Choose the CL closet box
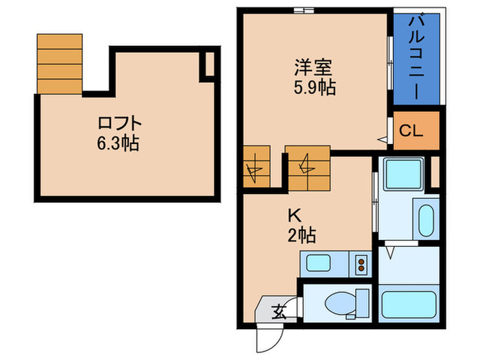[x=416, y=130]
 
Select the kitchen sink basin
[x=320, y=263]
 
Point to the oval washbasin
[x=425, y=221]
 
